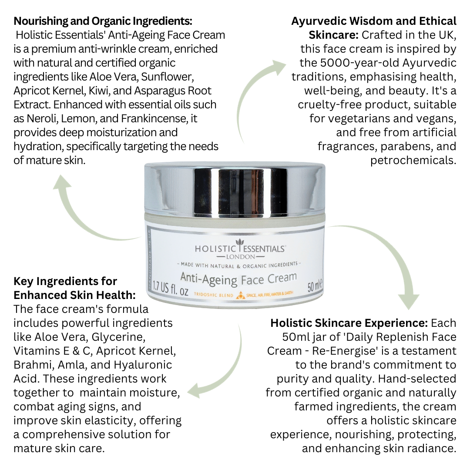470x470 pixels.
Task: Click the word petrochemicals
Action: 413,160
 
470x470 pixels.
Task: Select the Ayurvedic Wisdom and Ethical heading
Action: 374,21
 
